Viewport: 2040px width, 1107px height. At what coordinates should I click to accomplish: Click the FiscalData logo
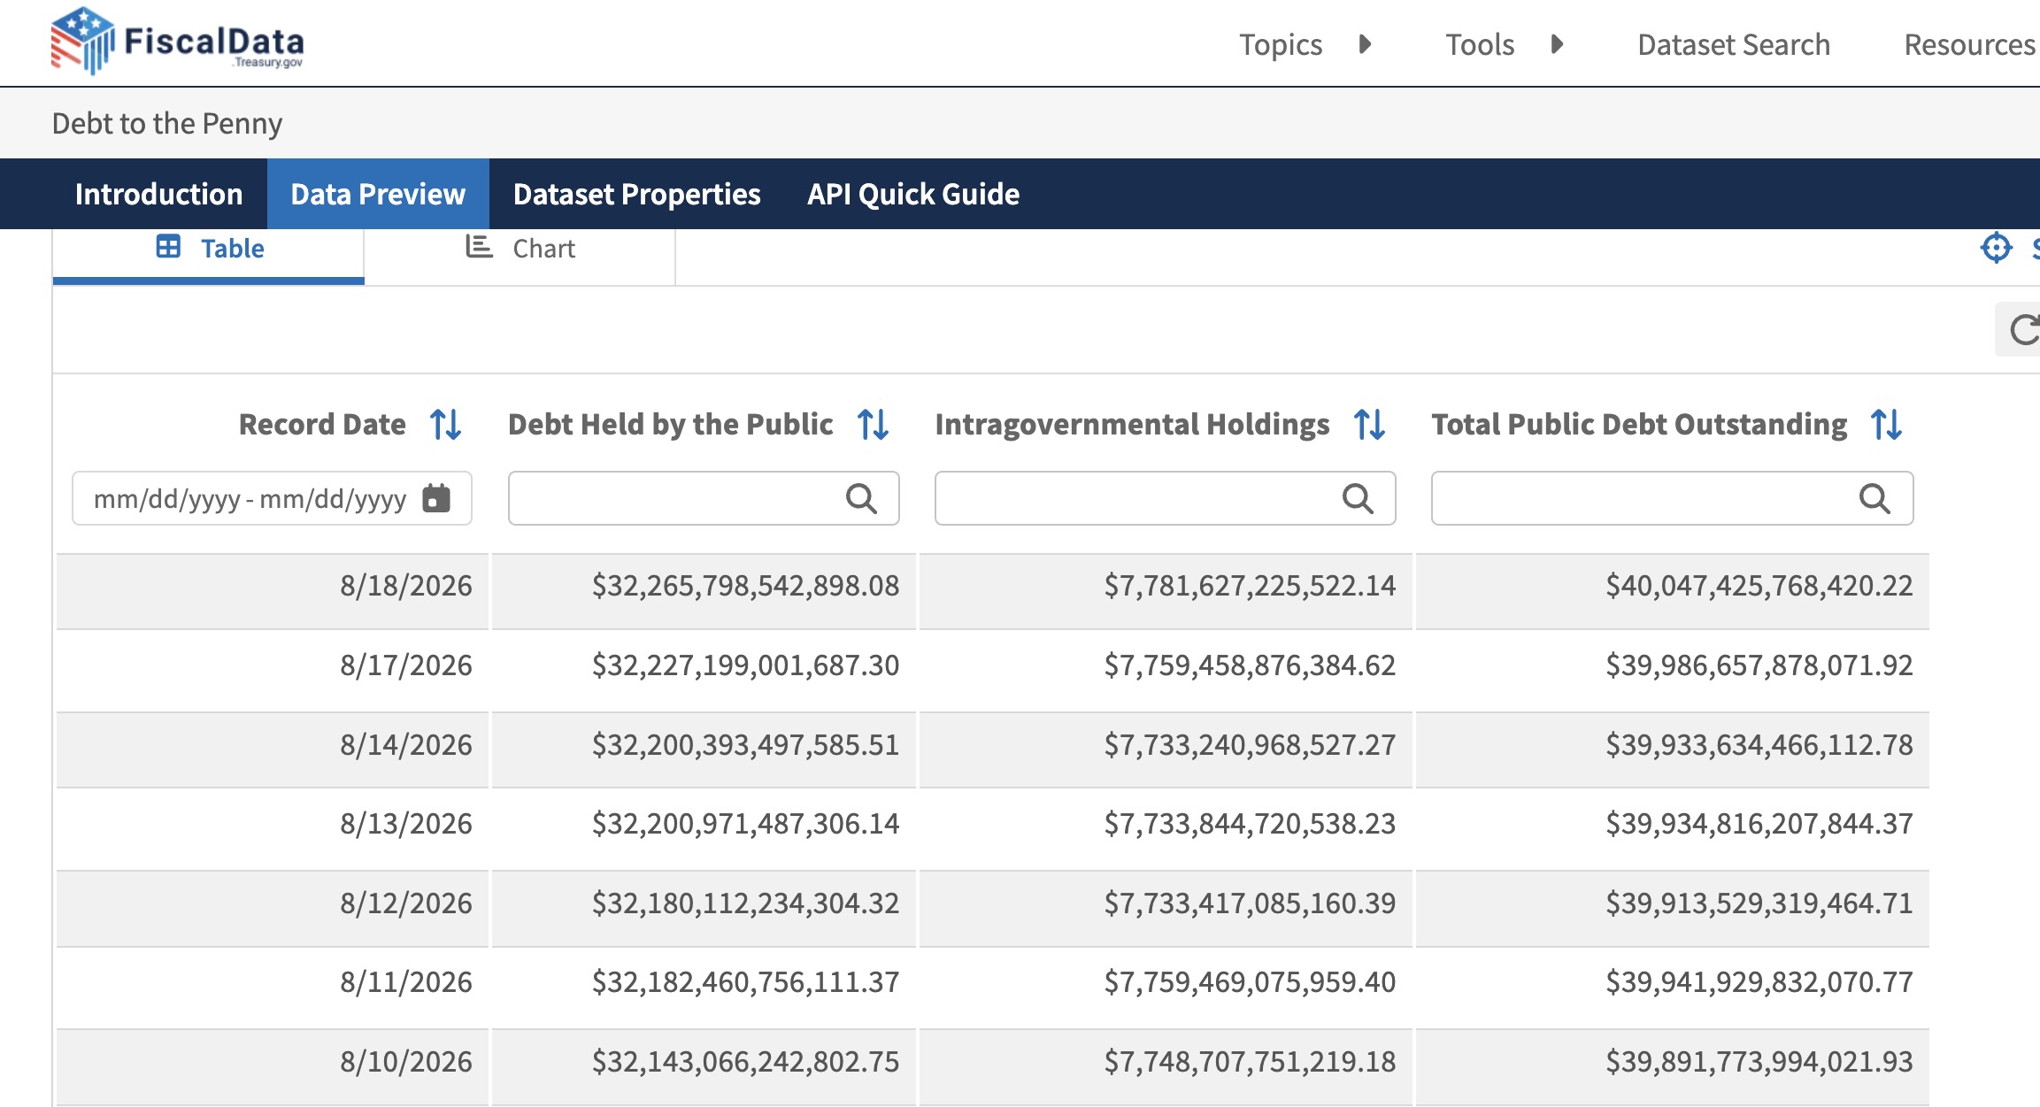click(x=177, y=41)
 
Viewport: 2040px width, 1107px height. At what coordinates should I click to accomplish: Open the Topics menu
click(x=1280, y=44)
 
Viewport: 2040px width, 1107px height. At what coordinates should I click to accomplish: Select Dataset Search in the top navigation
click(x=1733, y=44)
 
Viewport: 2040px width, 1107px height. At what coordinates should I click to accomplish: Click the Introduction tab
click(x=158, y=194)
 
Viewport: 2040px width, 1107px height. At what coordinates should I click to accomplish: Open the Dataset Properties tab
click(x=636, y=194)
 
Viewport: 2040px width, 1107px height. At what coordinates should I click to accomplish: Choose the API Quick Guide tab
click(x=912, y=194)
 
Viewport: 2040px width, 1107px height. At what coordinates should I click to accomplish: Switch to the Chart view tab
click(x=520, y=249)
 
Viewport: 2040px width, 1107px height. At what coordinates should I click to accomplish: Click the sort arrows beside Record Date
click(x=445, y=425)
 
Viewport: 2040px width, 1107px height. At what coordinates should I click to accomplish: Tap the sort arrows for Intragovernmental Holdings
click(x=1369, y=425)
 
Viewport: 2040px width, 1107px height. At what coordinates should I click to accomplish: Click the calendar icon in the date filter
click(x=436, y=498)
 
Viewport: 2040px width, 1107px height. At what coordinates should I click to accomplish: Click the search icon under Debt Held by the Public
click(x=861, y=499)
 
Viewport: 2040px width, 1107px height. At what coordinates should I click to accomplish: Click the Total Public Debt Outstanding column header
click(x=1639, y=425)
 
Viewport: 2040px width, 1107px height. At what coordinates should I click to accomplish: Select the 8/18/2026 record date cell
click(x=406, y=586)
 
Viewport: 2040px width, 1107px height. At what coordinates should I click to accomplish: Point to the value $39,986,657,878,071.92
click(x=1759, y=665)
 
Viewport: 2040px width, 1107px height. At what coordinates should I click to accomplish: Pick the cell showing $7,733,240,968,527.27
click(x=1250, y=745)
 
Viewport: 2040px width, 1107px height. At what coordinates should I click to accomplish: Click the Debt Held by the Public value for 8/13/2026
click(x=745, y=824)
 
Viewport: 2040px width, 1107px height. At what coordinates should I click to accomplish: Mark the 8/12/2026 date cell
click(x=406, y=903)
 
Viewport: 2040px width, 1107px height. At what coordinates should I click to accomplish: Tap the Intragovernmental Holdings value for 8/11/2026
click(x=1250, y=982)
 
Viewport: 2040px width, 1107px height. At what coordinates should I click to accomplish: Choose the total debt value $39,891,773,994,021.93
click(x=1759, y=1062)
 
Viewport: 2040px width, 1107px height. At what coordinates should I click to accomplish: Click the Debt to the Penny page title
click(x=167, y=123)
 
